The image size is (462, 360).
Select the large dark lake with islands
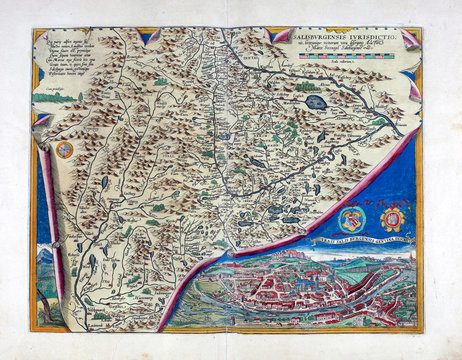coord(315,101)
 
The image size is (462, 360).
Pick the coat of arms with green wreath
coord(351,218)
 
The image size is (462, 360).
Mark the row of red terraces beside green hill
coord(378,282)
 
